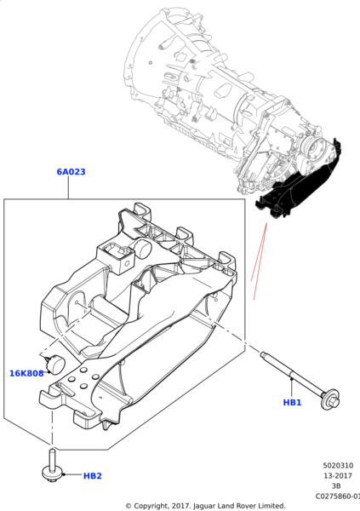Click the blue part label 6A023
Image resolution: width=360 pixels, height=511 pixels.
click(71, 172)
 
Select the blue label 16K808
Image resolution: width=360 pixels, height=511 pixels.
click(26, 373)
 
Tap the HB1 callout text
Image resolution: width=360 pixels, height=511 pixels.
click(292, 402)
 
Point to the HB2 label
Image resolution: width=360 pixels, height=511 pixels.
click(93, 476)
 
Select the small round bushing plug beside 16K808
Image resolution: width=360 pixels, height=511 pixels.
click(57, 363)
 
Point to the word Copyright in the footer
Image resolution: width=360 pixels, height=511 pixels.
click(157, 506)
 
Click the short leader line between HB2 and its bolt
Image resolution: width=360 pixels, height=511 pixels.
click(72, 475)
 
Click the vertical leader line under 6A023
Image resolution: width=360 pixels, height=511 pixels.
click(71, 189)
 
